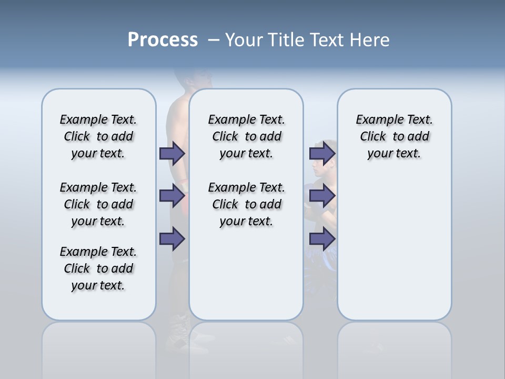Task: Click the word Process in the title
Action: [163, 40]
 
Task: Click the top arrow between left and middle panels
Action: [172, 153]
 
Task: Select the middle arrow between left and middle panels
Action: [172, 196]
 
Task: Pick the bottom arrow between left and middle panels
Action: [172, 238]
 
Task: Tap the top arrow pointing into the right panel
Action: [322, 153]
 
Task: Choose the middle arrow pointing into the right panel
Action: [322, 196]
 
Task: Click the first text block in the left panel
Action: [98, 136]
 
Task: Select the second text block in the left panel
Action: [98, 204]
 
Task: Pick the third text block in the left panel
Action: [98, 268]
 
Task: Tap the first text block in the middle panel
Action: [246, 136]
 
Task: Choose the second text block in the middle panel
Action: [246, 204]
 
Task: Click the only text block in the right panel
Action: [394, 136]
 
